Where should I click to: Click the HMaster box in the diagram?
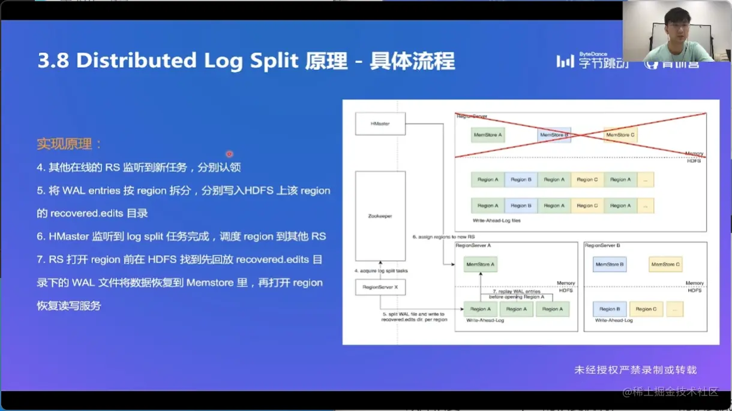(380, 123)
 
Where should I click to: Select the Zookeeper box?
(380, 216)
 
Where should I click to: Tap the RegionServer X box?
(380, 288)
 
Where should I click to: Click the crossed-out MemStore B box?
(554, 135)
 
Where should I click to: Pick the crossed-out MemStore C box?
(620, 135)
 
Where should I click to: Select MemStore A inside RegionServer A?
(481, 264)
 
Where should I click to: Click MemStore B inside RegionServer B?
(610, 264)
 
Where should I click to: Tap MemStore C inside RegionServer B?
(665, 264)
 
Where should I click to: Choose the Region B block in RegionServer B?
(610, 309)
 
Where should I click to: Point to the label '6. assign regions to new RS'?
(443, 237)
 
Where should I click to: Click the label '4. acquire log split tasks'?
(380, 271)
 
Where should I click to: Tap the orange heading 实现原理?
(70, 144)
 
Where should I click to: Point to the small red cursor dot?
(229, 154)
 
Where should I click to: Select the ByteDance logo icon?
(565, 61)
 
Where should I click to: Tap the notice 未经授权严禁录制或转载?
(635, 370)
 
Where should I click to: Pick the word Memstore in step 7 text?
(217, 283)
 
